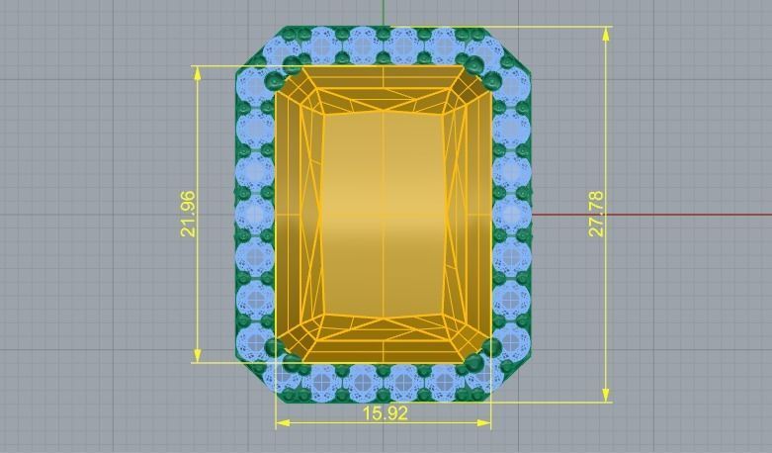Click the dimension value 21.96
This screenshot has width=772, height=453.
click(187, 214)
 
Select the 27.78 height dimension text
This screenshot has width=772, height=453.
click(596, 214)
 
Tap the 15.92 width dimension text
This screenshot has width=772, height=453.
click(385, 413)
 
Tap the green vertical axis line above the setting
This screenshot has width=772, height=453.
click(384, 12)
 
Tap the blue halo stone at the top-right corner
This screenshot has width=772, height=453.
click(491, 51)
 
